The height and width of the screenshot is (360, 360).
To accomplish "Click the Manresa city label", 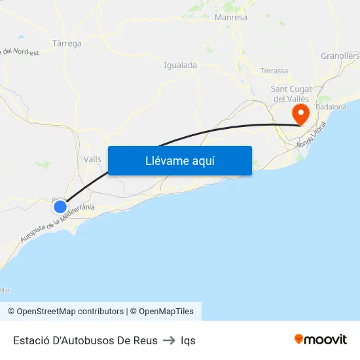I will point(231,18).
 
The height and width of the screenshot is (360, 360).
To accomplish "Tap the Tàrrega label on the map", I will point(66,44).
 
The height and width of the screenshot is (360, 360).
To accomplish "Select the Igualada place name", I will point(180,65).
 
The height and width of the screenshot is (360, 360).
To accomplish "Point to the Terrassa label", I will point(274,71).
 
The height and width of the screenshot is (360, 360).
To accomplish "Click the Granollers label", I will point(340,56).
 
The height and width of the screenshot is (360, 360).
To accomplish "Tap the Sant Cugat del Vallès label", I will point(292,94).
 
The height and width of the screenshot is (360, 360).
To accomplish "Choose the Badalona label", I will point(331,107).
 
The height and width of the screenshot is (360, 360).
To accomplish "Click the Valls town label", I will point(92,159).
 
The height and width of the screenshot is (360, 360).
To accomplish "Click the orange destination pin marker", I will point(301,114).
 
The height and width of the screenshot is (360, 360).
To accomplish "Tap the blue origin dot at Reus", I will point(60,207).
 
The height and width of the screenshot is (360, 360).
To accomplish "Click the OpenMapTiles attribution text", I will point(166,312).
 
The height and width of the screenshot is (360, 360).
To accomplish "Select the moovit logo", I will point(321,340).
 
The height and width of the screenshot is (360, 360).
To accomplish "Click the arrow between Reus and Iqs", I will point(169,340).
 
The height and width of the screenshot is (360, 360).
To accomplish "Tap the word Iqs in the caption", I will point(188,340).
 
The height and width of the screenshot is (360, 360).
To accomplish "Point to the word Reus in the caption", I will point(145,340).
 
